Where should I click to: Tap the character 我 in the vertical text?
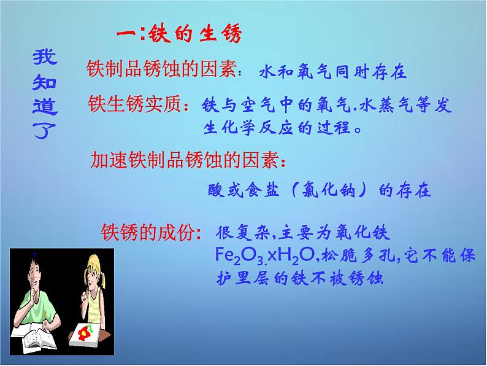45,57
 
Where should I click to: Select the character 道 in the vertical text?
45,107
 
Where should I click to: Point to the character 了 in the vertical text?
44,131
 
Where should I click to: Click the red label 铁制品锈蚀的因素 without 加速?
161,68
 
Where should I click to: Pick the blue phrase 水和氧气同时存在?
332,71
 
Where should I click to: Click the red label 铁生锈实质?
134,104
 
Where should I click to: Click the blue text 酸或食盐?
243,189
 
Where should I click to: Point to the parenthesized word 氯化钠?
329,189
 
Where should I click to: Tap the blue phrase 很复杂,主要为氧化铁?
302,232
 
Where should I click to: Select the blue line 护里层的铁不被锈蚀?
299,278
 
